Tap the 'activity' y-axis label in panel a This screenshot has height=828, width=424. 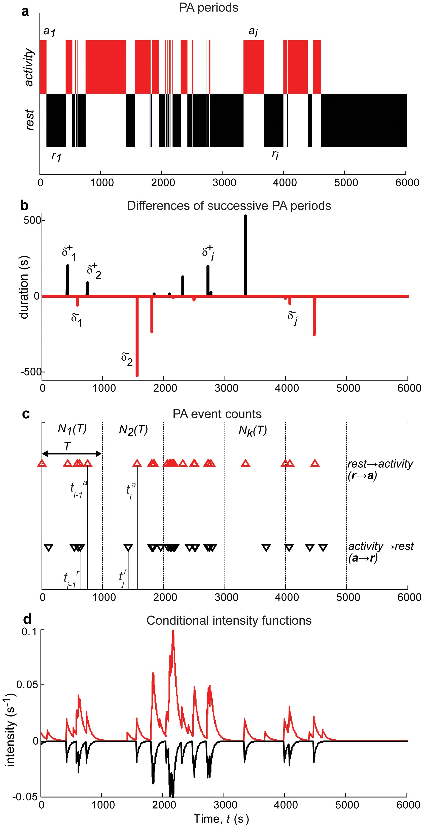29,67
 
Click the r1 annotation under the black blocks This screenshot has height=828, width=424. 56,156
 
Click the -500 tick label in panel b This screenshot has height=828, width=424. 30,372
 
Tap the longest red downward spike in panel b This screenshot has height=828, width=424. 137,336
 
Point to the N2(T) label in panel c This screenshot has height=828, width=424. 133,430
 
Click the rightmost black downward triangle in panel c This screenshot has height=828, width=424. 323,547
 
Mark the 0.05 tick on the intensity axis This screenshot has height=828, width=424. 28,684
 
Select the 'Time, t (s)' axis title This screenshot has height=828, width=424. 221,819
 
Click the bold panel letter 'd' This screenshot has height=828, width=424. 28,619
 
